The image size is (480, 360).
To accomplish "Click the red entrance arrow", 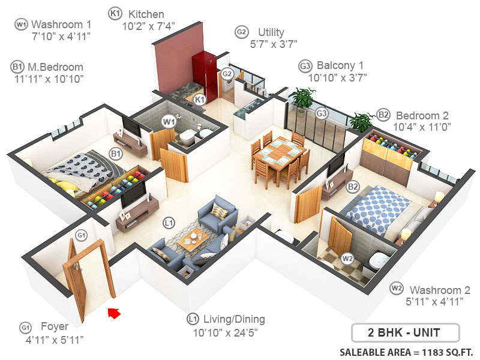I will coord(113,312).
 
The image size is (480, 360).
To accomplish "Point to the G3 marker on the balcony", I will coord(322,113).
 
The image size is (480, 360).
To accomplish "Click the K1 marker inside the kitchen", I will coord(200,99).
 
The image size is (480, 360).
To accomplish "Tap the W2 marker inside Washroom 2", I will coord(347,259).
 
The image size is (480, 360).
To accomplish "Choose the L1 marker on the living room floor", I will coord(170,223).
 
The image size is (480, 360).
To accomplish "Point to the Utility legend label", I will coord(271,32).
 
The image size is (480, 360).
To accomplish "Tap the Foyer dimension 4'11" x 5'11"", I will coord(53,340).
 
